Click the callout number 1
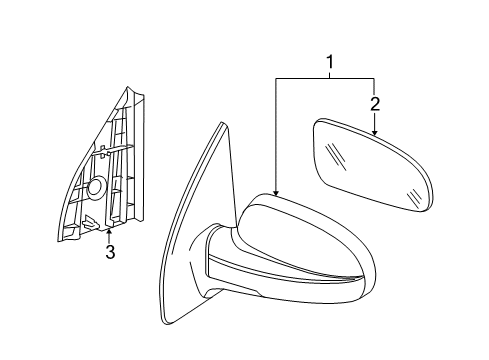click(x=329, y=65)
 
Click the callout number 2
click(x=374, y=104)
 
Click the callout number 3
click(x=110, y=252)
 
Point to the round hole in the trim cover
click(x=97, y=186)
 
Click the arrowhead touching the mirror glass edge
click(x=374, y=132)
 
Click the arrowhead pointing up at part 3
click(x=110, y=233)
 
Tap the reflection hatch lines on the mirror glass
click(x=341, y=155)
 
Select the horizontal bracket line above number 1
click(x=324, y=78)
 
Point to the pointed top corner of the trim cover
click(x=130, y=87)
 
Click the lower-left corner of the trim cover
click(x=61, y=237)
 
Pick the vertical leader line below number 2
click(x=374, y=121)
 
